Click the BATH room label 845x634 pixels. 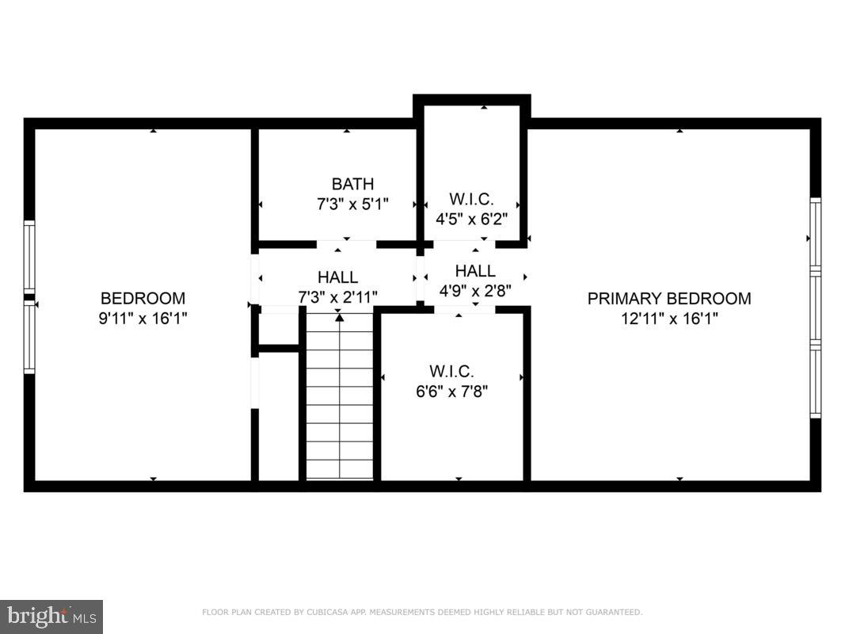352,185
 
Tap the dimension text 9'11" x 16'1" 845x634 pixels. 143,318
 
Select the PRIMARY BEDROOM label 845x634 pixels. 669,299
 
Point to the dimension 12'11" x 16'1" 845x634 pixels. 669,318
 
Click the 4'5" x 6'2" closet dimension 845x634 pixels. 472,217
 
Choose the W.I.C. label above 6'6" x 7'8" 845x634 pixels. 451,371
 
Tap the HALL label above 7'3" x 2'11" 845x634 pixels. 337,277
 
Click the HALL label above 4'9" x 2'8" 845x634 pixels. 475,271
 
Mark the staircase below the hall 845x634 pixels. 339,396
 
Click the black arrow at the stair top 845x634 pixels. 339,318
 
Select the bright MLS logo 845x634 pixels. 51,616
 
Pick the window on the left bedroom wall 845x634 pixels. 29,297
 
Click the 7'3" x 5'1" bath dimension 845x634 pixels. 352,203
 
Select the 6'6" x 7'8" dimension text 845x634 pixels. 451,390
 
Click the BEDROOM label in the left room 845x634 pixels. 143,299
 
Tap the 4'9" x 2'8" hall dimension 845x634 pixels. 475,290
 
